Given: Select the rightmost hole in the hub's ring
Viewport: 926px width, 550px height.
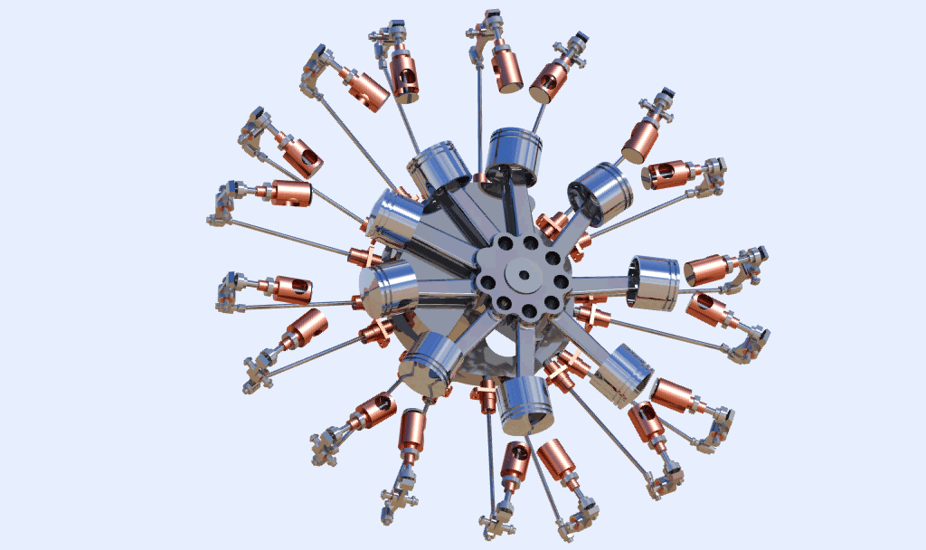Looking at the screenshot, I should point(561,282).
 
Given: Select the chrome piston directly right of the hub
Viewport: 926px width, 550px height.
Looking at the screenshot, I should point(653,281).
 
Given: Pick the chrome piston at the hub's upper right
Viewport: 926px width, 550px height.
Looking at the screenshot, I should point(600,193).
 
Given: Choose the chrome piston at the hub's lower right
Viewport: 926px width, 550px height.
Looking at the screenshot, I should point(622,374).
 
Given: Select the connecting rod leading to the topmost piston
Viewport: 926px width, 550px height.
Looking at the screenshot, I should point(517,207).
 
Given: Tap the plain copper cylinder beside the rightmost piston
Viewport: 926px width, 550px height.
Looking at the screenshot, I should point(709,270).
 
